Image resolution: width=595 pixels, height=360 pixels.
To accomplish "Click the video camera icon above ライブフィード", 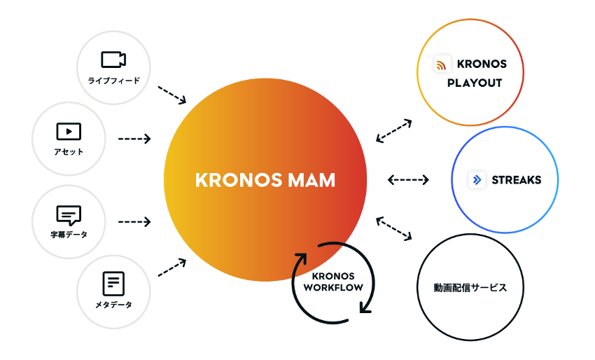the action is [113, 59].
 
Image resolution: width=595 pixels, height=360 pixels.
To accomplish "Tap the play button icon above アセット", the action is [69, 131].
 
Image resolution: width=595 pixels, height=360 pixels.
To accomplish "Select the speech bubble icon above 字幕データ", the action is [69, 214].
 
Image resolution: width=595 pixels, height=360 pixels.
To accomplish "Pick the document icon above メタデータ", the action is [113, 283].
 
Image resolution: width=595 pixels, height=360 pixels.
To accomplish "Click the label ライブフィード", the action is [113, 81].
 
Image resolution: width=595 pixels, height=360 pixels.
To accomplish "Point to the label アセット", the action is [69, 152].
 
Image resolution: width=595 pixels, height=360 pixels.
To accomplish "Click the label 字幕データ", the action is [69, 235].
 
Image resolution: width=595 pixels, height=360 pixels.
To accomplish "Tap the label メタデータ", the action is [113, 305].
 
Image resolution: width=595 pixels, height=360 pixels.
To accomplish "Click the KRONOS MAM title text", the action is [265, 180].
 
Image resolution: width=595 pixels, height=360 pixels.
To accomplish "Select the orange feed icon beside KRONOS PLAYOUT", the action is [442, 65].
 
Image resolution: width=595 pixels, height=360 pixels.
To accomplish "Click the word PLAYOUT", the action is [475, 83].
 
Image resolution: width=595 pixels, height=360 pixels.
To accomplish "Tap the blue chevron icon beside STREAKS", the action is [477, 180].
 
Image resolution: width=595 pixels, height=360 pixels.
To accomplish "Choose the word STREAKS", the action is [517, 180].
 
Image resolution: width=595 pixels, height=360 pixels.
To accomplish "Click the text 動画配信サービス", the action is [470, 288].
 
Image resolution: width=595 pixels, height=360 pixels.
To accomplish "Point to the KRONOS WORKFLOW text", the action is [333, 282].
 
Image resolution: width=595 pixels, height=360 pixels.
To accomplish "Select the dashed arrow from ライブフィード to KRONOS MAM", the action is [172, 95].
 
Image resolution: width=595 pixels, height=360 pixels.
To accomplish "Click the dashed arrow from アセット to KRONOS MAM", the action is [134, 139].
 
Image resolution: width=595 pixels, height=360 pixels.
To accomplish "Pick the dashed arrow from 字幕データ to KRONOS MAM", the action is [134, 222].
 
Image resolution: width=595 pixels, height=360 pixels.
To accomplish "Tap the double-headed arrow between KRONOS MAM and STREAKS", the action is [408, 180].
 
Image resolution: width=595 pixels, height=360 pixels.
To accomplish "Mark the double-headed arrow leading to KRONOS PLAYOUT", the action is [393, 131].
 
